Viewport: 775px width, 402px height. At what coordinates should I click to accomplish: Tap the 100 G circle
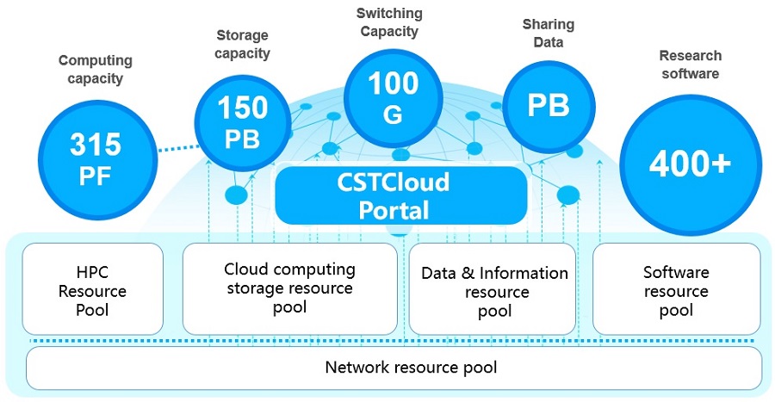[393, 96]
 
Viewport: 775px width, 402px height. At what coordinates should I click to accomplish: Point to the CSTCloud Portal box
[400, 195]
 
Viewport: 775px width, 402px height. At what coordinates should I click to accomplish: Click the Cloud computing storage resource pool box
[290, 288]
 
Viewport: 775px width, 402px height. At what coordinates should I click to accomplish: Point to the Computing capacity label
[95, 69]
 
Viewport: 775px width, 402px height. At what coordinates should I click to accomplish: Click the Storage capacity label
[242, 44]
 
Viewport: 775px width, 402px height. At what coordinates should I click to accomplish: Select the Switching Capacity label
[388, 22]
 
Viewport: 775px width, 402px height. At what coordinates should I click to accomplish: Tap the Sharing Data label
[548, 33]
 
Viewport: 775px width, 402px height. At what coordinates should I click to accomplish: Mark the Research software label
[690, 64]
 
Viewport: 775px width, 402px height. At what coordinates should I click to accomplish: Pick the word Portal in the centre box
[400, 209]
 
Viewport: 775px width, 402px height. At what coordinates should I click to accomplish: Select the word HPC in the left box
[92, 272]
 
